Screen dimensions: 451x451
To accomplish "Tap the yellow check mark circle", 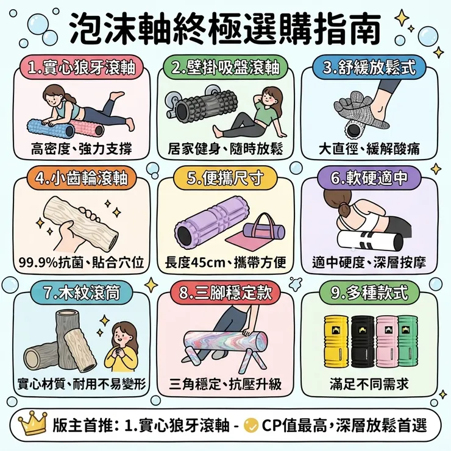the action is [x=250, y=425].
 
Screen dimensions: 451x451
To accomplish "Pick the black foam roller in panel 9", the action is [x=363, y=341].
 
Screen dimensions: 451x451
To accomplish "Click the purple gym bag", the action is [x=264, y=227].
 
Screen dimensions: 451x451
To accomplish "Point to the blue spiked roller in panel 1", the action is [x=51, y=129].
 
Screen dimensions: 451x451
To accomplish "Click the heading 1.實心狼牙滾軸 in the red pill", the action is [x=82, y=68].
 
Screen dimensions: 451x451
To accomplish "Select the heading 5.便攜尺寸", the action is [x=225, y=179].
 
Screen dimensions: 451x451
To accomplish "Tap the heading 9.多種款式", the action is [x=369, y=293].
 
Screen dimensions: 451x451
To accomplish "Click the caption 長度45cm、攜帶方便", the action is [x=225, y=262].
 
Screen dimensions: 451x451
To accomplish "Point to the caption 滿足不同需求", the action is [x=369, y=384].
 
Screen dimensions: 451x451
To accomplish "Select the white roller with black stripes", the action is [x=370, y=241].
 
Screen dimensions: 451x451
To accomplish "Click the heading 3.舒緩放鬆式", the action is [x=369, y=68].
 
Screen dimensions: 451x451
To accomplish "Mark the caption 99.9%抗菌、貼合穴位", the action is [x=82, y=262].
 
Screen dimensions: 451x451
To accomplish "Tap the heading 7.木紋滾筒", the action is [x=82, y=293].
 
